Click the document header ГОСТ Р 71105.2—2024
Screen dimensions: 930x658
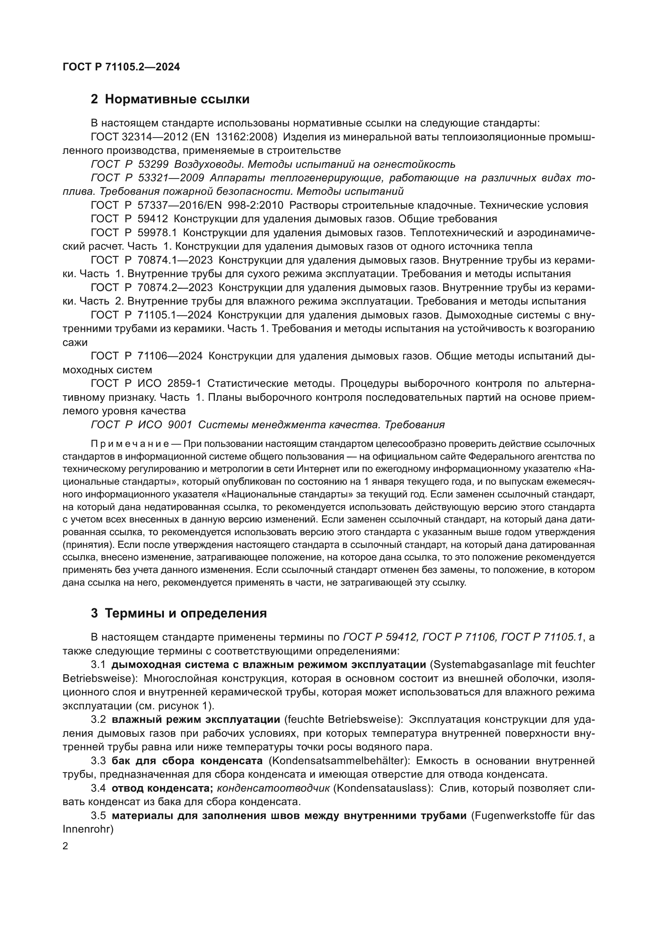[121, 67]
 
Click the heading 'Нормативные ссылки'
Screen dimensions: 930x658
[177, 99]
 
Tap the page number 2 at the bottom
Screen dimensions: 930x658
[66, 846]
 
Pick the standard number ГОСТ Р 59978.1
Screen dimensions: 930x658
[134, 233]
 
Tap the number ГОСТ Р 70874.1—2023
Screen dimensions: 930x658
[152, 260]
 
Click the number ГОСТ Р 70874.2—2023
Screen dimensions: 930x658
[152, 287]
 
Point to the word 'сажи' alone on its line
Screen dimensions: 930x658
[75, 342]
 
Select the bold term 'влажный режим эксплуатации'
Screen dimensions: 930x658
[196, 719]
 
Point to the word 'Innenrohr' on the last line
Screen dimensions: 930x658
[86, 829]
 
